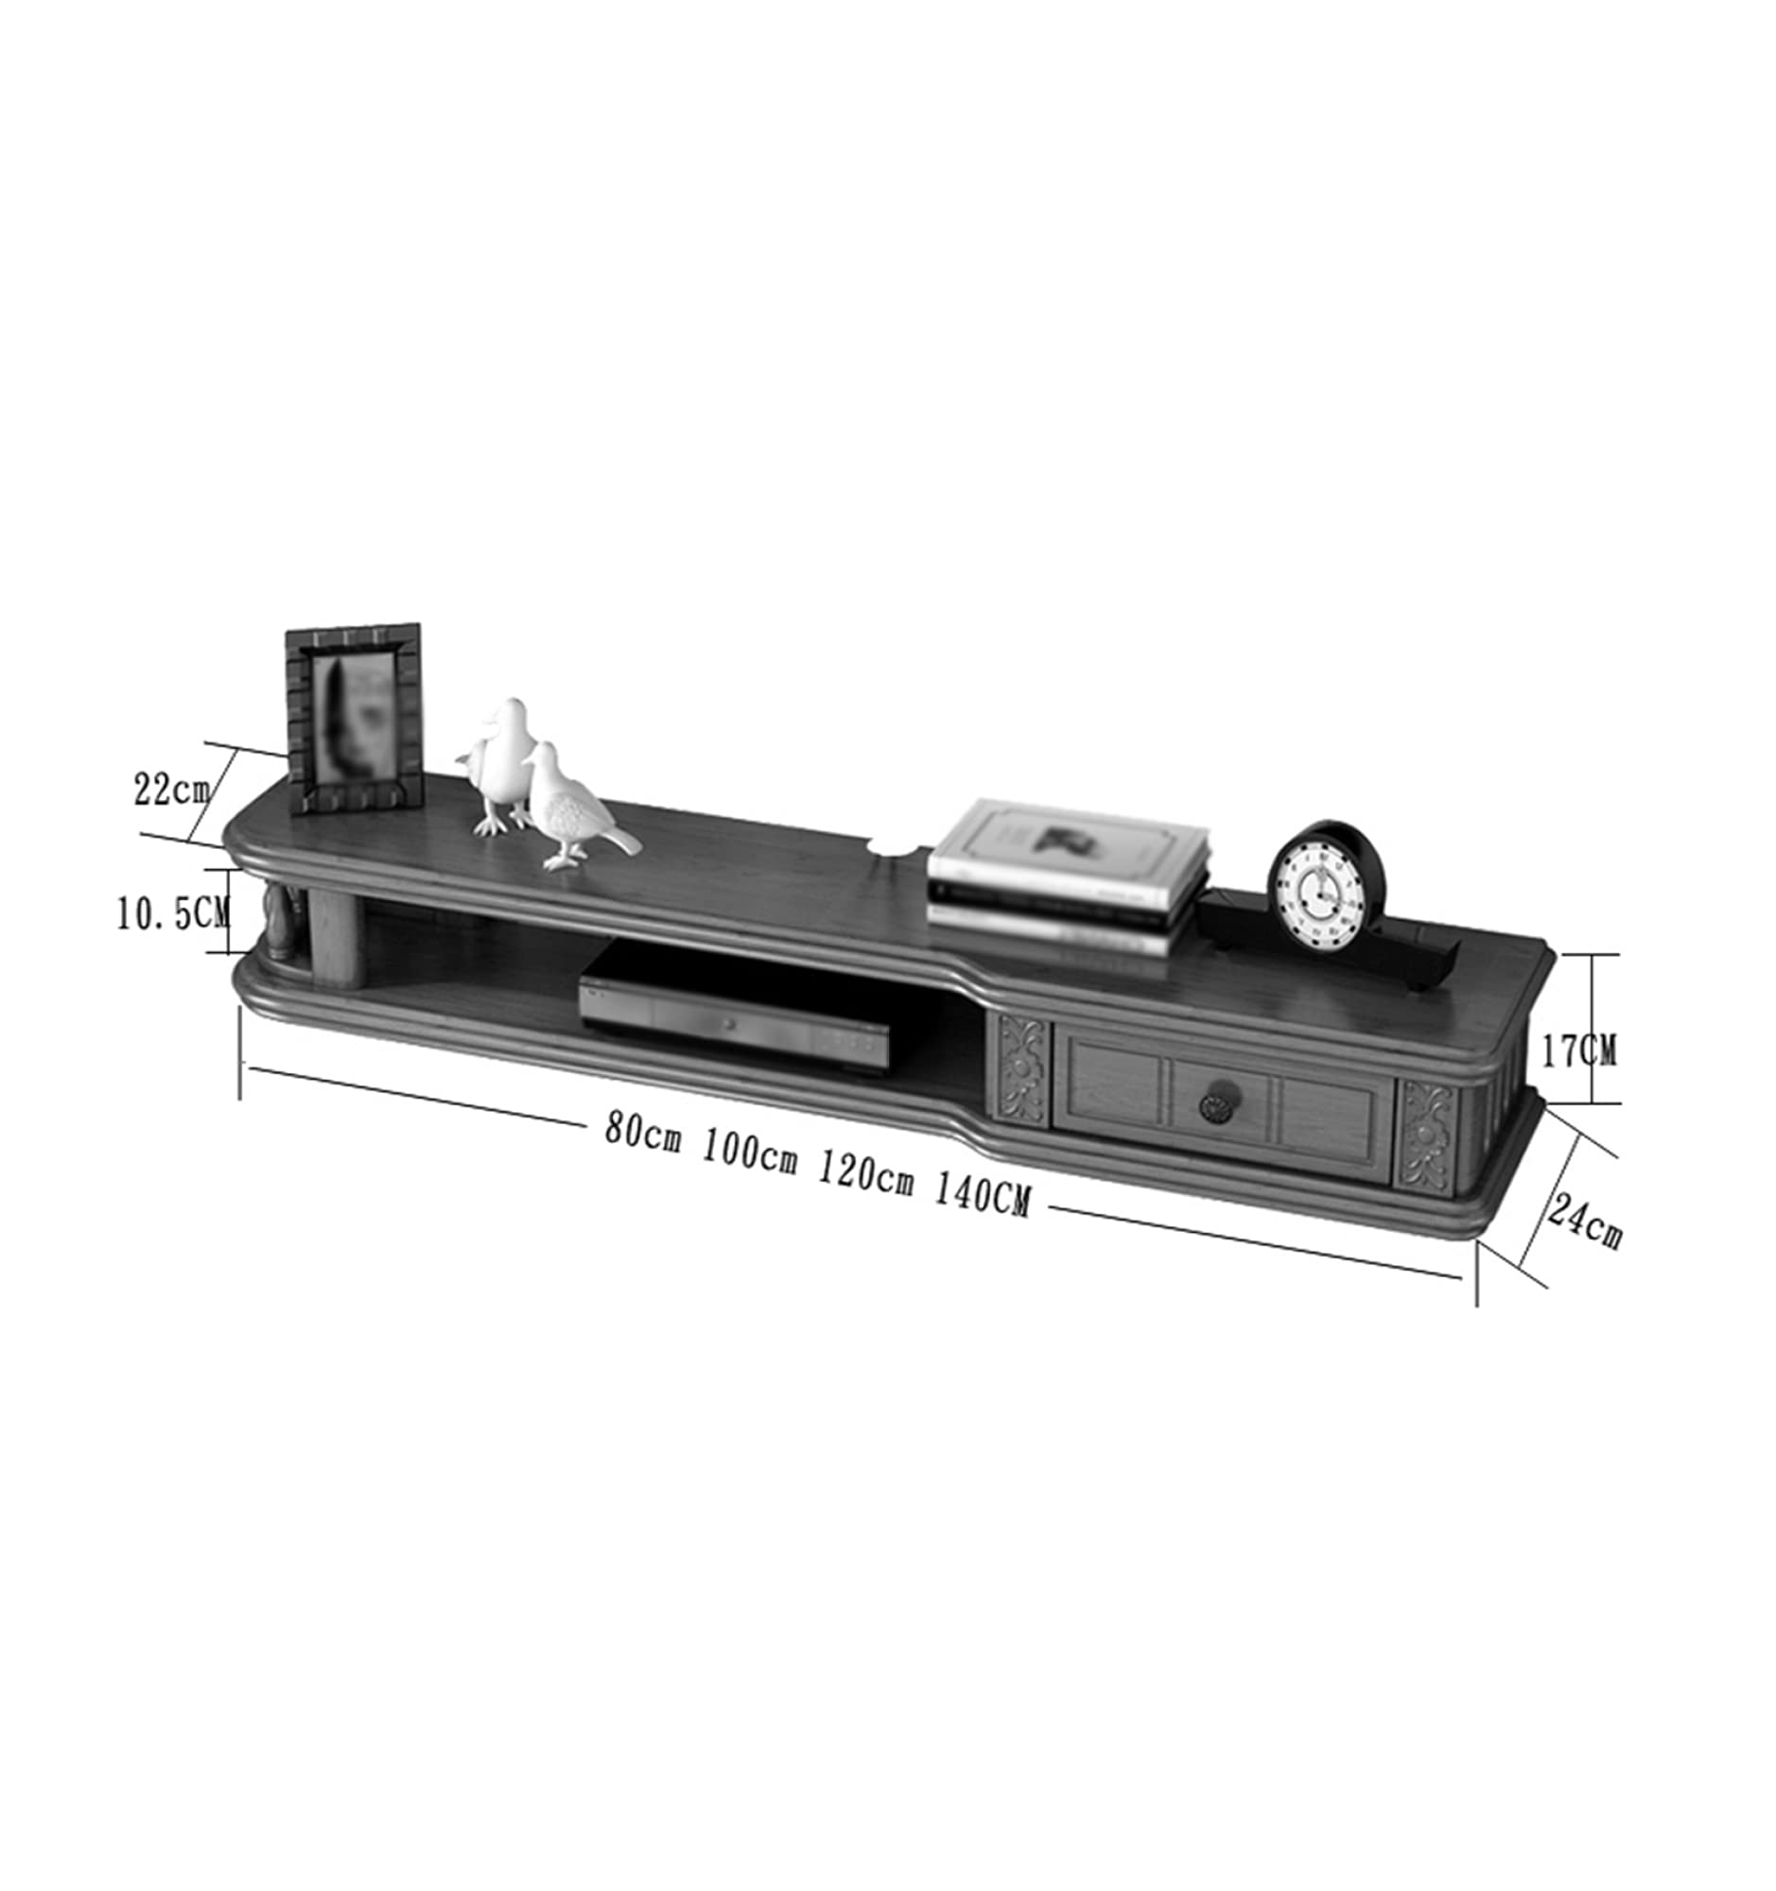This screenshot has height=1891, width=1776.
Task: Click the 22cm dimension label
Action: pyautogui.click(x=171, y=789)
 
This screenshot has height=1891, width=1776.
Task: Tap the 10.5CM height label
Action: pyautogui.click(x=173, y=914)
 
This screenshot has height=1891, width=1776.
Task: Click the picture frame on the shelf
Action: pyautogui.click(x=355, y=719)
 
